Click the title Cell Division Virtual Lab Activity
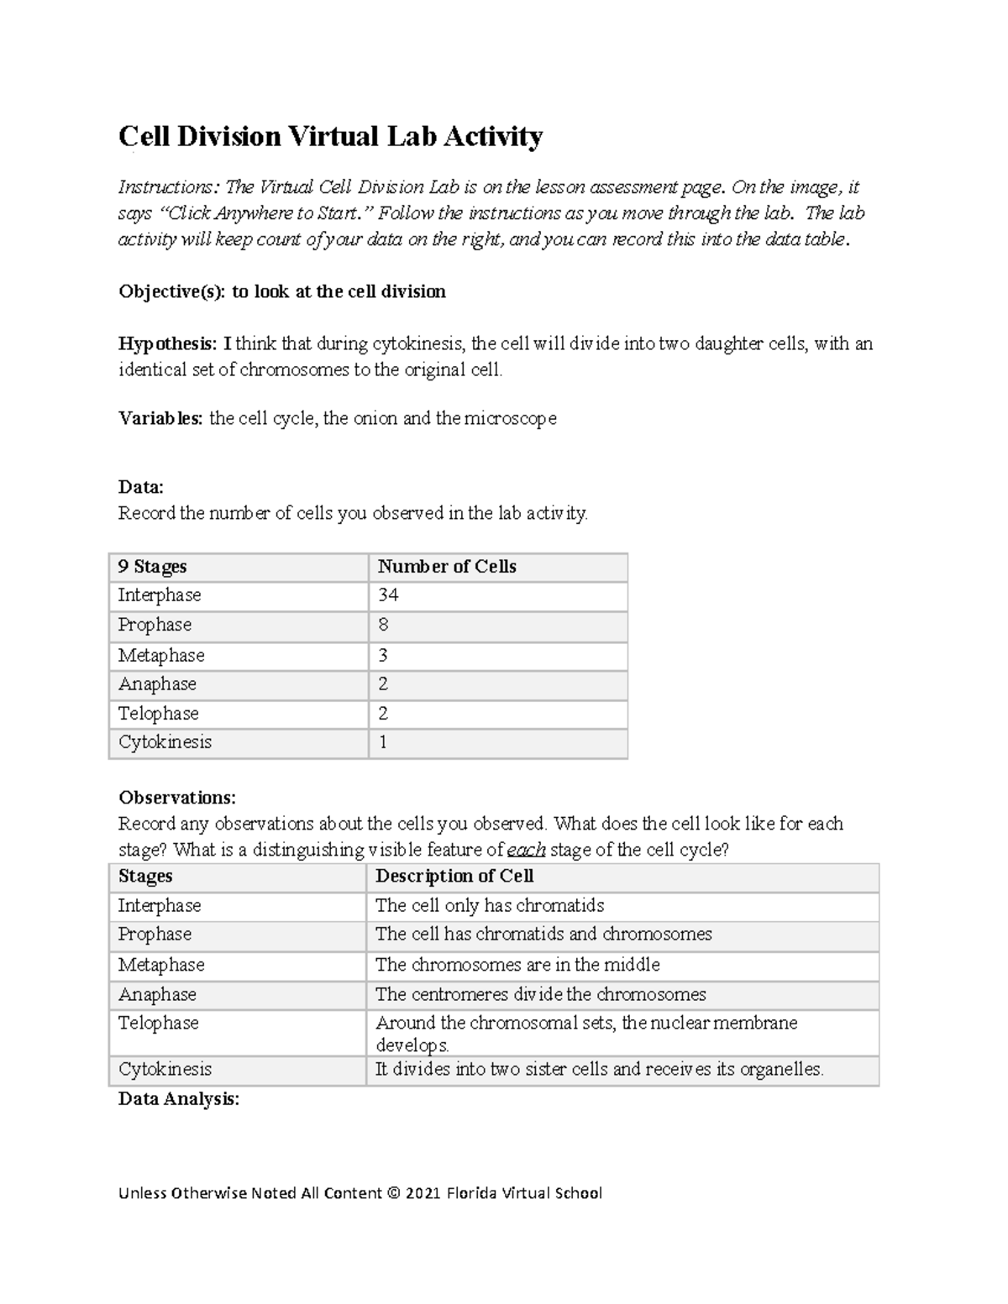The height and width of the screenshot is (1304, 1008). (330, 136)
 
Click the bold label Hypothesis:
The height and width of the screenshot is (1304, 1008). (168, 343)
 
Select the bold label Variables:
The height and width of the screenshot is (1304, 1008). (160, 418)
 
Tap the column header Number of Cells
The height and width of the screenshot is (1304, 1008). (447, 567)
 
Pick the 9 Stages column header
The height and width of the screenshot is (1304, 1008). (152, 567)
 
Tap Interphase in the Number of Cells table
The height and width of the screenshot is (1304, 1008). (160, 595)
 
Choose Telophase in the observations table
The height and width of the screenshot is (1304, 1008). (159, 1023)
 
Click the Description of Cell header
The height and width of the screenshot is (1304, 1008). (454, 877)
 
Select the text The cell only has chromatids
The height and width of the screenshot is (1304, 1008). (490, 905)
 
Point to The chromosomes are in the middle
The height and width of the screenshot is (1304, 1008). (517, 965)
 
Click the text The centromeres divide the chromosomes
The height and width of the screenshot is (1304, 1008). (540, 994)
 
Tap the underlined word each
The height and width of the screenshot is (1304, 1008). (527, 850)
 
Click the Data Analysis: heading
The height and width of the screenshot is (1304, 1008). (179, 1099)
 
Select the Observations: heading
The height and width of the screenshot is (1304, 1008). (177, 797)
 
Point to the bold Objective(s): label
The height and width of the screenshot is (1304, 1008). (172, 291)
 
